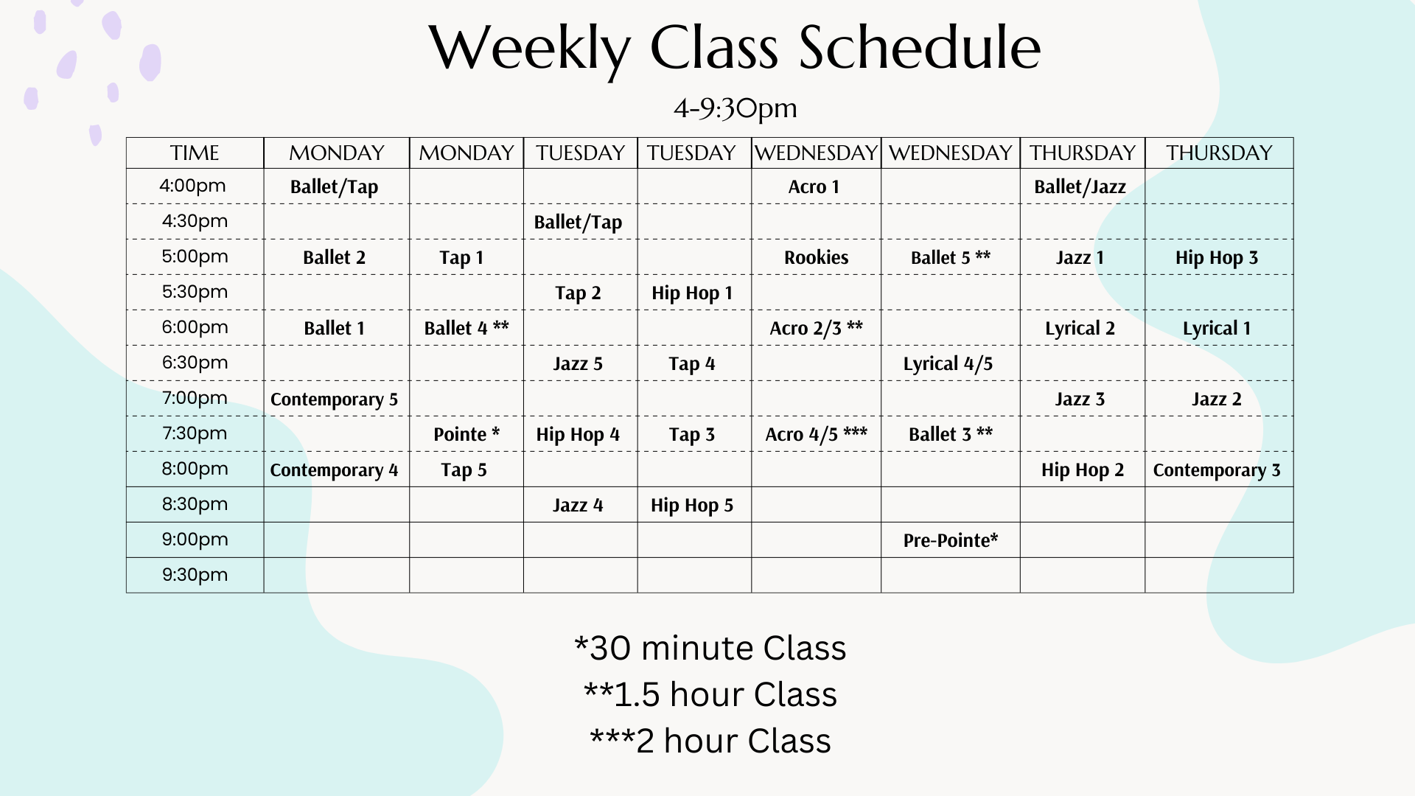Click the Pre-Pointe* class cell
[x=950, y=540]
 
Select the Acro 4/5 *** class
[x=816, y=434]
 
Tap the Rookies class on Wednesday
[x=816, y=257]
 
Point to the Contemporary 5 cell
[x=334, y=399]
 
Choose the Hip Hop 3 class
[x=1217, y=257]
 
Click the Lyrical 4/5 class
[x=948, y=363]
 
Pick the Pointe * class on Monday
[x=467, y=434]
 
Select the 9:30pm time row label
[x=195, y=575]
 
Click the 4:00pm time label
[x=192, y=186]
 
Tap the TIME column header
[x=195, y=153]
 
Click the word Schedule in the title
[x=920, y=48]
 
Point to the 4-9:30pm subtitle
[x=736, y=108]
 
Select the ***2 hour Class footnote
[x=710, y=741]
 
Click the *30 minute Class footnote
[x=710, y=648]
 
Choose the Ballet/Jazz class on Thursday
[x=1080, y=186]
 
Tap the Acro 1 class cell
[x=814, y=186]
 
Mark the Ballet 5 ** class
[x=950, y=257]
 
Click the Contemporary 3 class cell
[x=1217, y=469]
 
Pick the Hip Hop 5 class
[x=692, y=505]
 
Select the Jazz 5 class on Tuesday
[x=578, y=363]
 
